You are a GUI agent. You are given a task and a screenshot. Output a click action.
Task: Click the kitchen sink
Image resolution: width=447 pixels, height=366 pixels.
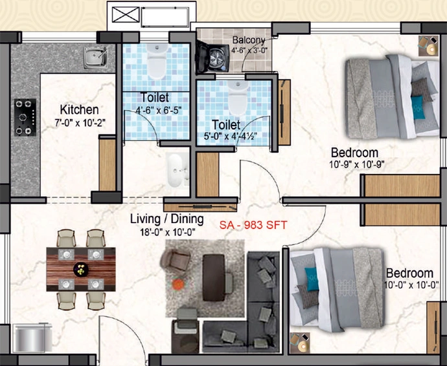(95, 58)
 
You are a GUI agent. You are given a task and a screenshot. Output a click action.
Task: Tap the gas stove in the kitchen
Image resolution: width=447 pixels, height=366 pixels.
(25, 117)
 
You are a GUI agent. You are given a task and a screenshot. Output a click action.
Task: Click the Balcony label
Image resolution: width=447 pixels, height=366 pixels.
(249, 40)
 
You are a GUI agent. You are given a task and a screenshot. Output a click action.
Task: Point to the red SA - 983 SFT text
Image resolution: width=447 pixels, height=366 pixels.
(253, 225)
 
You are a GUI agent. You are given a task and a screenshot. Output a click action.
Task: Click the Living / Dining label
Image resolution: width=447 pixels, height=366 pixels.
(167, 219)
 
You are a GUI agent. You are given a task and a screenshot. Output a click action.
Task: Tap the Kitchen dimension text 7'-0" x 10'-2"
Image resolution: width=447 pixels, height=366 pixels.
(80, 123)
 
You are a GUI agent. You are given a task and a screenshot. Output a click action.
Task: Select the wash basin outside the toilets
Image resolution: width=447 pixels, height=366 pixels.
(178, 170)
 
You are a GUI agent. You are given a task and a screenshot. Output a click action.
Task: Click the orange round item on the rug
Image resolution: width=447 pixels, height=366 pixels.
(178, 284)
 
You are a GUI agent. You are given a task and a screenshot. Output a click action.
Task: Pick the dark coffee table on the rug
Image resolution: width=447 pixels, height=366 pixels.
(214, 277)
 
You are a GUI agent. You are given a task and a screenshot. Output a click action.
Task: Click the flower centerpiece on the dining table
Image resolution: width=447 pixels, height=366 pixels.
(81, 269)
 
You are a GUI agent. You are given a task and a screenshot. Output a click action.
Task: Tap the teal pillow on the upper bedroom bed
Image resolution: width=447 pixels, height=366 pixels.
(418, 107)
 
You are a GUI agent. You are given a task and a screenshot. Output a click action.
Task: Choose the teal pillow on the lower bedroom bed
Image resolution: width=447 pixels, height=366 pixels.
(312, 279)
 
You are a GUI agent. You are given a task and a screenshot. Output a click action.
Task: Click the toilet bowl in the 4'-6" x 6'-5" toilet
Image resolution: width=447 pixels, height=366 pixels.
(157, 61)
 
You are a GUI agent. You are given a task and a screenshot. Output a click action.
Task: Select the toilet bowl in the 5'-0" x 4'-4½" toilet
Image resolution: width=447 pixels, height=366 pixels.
(238, 98)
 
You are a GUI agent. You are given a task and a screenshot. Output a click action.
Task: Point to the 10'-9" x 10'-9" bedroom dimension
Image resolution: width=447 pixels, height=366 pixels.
(357, 164)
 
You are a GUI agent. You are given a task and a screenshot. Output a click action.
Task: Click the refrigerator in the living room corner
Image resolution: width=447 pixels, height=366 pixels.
(32, 338)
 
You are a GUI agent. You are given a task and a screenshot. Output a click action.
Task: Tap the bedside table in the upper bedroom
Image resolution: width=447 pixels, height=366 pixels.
(428, 46)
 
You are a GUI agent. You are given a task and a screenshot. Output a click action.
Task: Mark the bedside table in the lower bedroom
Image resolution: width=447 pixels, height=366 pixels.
(300, 343)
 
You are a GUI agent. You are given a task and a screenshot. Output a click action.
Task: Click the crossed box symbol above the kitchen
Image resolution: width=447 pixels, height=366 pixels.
(126, 15)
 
